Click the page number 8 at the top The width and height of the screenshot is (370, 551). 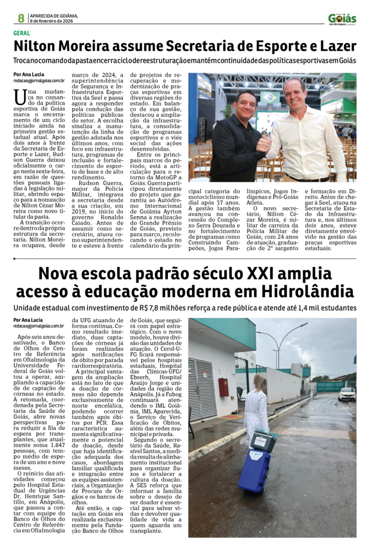click(21, 18)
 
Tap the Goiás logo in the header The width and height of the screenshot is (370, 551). click(342, 19)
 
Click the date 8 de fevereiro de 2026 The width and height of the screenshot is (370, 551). click(52, 21)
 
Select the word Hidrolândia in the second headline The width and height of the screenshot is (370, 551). click(308, 292)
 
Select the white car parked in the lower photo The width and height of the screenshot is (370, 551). click(347, 394)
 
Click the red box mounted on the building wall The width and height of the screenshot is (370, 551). click(223, 386)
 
